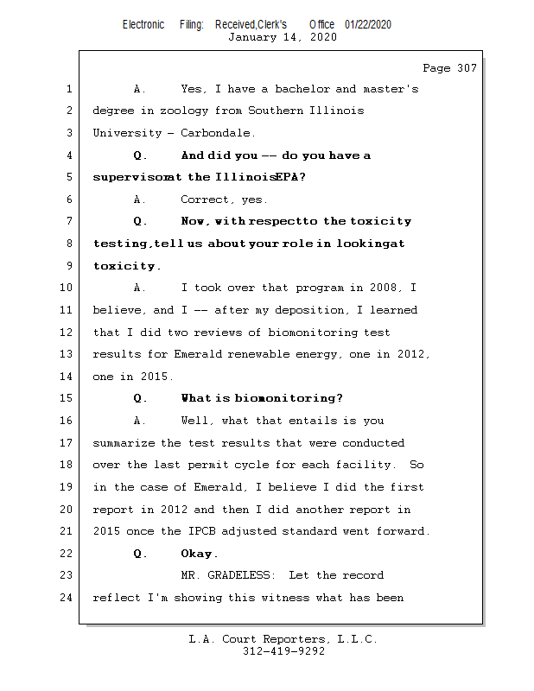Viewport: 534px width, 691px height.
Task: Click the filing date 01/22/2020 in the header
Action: (x=368, y=24)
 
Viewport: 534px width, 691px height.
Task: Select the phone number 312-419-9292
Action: (x=283, y=651)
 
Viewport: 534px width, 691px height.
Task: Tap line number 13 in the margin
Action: (x=68, y=354)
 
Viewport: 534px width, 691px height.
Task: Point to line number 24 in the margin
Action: (x=68, y=597)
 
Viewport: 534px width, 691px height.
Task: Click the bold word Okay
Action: (x=200, y=554)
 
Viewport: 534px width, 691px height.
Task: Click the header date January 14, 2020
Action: (x=282, y=37)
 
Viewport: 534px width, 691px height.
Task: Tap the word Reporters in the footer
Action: (x=288, y=639)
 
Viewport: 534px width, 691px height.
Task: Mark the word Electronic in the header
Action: (x=143, y=24)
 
